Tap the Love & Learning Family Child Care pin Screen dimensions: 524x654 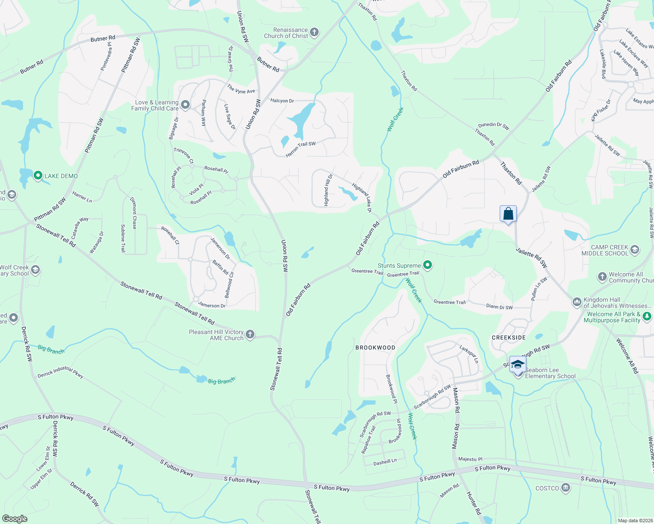[185, 104]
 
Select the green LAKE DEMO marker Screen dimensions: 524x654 [38, 176]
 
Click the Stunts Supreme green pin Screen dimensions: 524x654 [428, 265]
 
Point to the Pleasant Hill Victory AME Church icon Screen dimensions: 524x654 [250, 334]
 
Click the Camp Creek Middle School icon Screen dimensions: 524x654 [635, 250]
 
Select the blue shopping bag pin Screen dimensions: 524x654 [508, 214]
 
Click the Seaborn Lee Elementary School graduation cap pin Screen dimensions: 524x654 [518, 365]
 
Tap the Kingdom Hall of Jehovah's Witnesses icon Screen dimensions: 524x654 [577, 302]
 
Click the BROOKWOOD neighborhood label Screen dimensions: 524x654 [375, 348]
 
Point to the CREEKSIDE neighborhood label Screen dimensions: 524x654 [509, 338]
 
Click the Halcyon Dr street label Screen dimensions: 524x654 [282, 101]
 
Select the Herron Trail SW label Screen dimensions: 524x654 [300, 149]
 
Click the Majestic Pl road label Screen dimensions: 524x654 [470, 459]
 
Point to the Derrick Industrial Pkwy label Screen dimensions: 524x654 [60, 372]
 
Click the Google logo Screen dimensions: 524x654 [14, 519]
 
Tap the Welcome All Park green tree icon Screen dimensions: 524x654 [647, 316]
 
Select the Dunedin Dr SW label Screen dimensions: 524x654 [494, 126]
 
